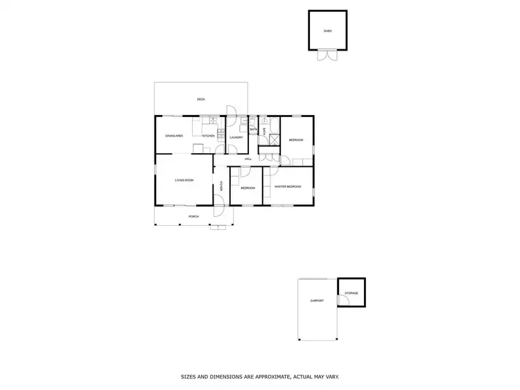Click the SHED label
click(327, 31)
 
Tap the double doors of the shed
click(327, 55)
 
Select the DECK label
click(200, 99)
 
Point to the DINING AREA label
click(173, 136)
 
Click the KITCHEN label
click(208, 136)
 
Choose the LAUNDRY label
click(236, 137)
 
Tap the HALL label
click(248, 159)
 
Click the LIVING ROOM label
click(184, 180)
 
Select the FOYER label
click(221, 186)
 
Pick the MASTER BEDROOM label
click(288, 187)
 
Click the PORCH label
click(193, 217)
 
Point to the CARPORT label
click(317, 301)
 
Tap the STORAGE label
click(351, 294)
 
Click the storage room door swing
click(342, 299)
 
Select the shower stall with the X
click(273, 139)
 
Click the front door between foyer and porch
click(218, 202)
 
